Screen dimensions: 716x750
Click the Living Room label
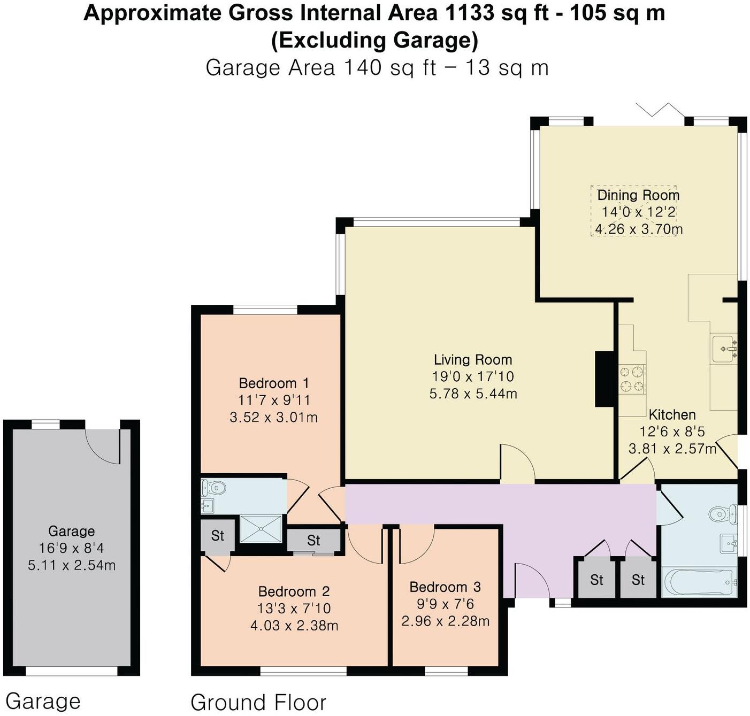pos(472,359)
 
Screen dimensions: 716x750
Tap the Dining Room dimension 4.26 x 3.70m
pos(638,229)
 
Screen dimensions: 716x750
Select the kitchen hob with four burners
pos(632,379)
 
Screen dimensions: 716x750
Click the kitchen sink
pos(725,349)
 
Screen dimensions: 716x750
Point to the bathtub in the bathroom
pos(699,582)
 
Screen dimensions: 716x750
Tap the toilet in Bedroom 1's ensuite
pos(215,488)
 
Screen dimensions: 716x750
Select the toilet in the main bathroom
pos(722,514)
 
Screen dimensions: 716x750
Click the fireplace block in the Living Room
pos(604,379)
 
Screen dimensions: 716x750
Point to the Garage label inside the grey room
pos(71,531)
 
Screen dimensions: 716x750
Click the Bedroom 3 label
pos(445,587)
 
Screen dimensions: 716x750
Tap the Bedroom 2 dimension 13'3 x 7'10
pos(294,608)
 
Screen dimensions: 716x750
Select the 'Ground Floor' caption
pos(258,702)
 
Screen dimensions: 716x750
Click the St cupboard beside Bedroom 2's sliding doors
pos(313,541)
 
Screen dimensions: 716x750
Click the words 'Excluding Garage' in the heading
pos(374,40)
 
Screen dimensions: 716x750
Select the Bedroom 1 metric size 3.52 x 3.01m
pos(273,417)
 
